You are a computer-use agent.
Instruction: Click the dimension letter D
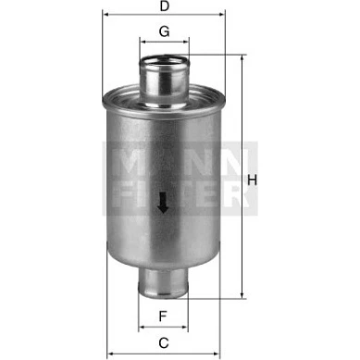(x=165, y=6)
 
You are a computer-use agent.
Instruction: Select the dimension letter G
(x=164, y=31)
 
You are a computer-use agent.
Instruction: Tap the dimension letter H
(x=252, y=180)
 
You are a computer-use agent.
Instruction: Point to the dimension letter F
(x=163, y=317)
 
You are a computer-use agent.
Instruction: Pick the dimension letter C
(x=164, y=342)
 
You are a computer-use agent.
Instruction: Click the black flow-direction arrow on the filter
(x=163, y=203)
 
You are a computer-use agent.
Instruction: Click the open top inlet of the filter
(x=164, y=62)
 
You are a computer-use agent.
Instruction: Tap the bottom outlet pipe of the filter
(x=163, y=283)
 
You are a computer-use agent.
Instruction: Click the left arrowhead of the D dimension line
(x=106, y=14)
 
